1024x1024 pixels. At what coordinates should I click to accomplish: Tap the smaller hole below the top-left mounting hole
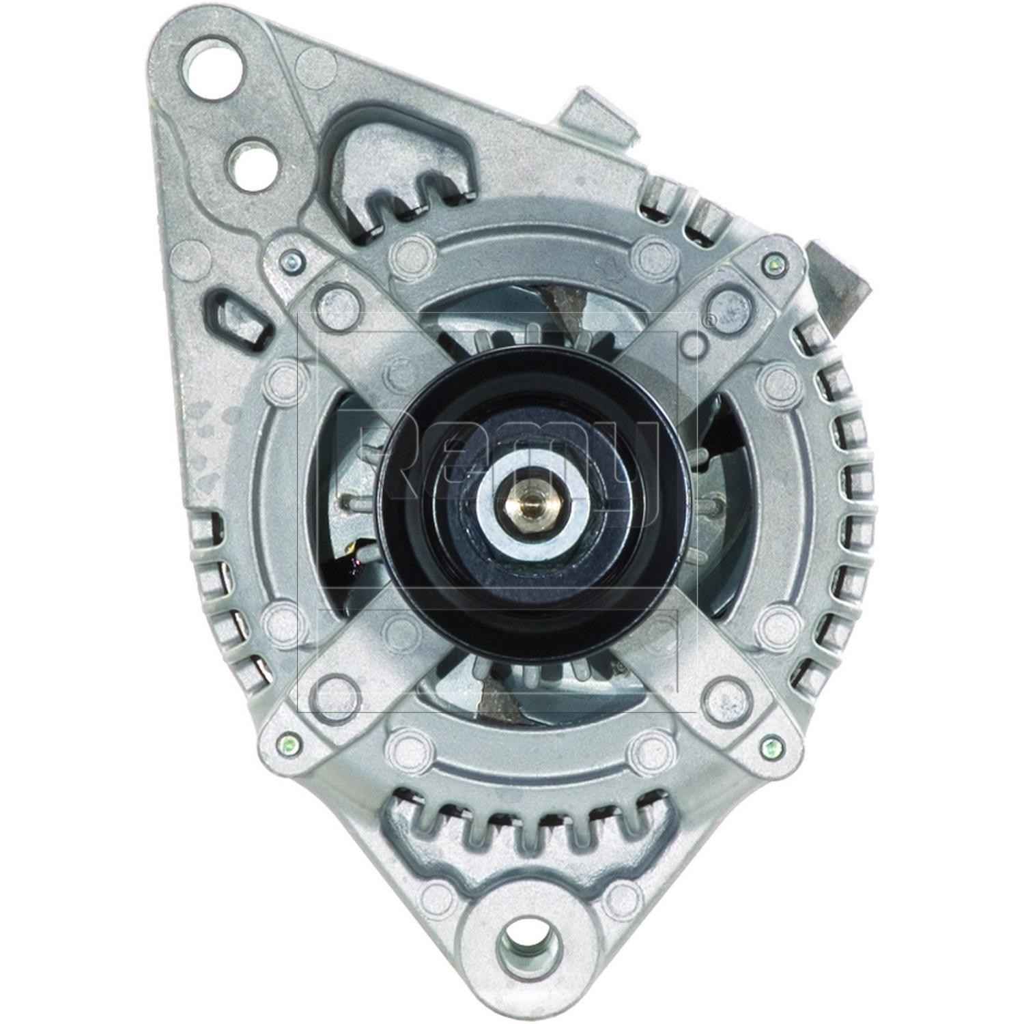coord(252,164)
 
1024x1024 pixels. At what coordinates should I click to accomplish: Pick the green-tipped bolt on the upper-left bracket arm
coord(291,259)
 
